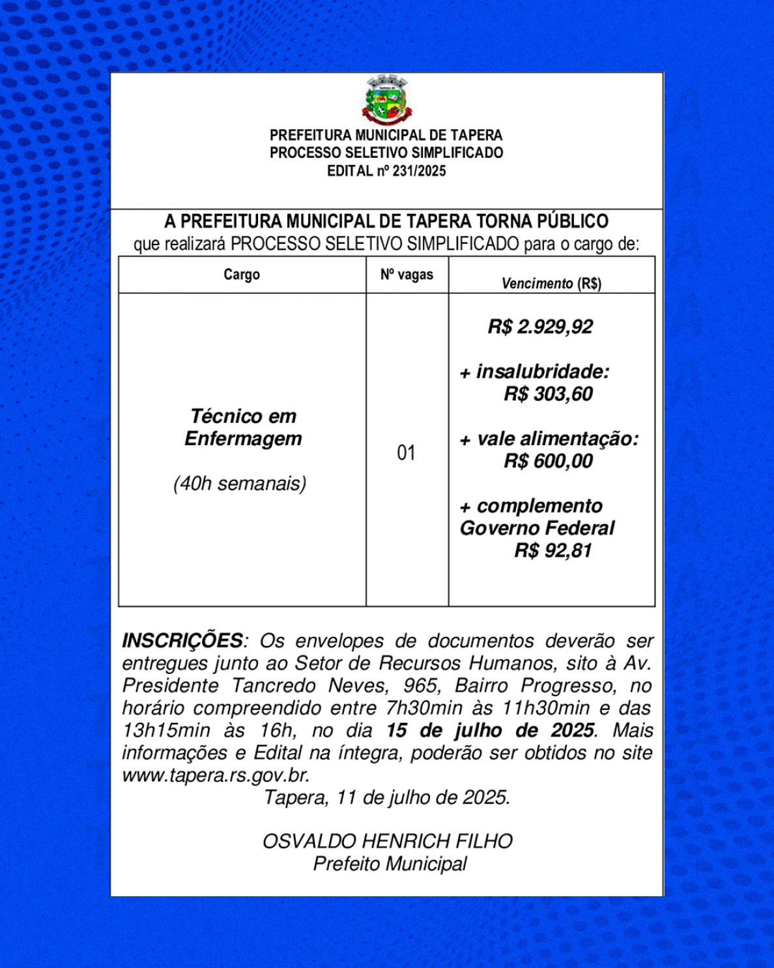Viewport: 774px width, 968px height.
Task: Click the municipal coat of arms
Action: (387, 100)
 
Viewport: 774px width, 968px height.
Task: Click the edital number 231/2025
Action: (419, 171)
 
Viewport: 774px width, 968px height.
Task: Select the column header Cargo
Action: (242, 274)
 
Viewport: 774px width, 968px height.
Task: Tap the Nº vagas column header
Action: (407, 274)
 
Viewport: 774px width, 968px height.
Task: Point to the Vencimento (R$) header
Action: (551, 284)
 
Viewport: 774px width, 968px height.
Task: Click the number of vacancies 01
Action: (406, 452)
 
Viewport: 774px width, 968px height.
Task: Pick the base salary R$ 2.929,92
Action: (540, 327)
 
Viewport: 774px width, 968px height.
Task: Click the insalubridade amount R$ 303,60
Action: (548, 394)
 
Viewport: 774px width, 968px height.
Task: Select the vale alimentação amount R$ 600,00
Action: (548, 462)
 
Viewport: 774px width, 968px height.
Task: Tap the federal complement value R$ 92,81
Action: (553, 551)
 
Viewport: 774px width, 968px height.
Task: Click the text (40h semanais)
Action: (240, 484)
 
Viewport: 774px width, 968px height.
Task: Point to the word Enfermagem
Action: (243, 439)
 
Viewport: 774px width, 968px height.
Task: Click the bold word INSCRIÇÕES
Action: (182, 641)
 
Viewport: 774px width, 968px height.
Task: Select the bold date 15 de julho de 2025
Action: (490, 730)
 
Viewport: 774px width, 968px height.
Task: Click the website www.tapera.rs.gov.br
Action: (216, 775)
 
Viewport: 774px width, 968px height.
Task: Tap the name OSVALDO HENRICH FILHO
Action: (388, 841)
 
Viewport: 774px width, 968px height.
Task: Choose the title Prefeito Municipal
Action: (390, 864)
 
